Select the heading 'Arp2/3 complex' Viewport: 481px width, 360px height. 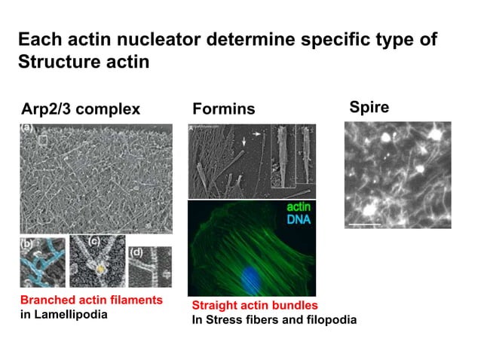[x=80, y=109]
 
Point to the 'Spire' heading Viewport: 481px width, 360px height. [x=369, y=108]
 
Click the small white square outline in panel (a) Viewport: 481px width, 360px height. [x=43, y=139]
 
